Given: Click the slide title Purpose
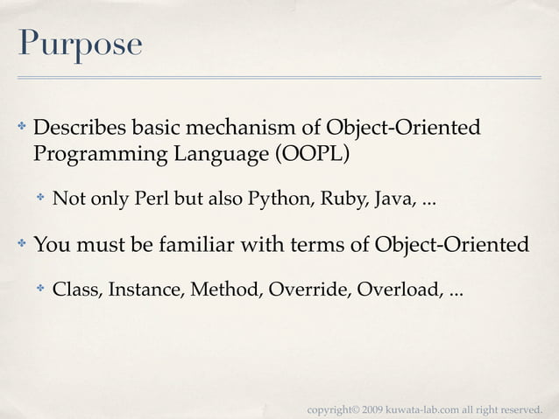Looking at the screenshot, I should coord(78,45).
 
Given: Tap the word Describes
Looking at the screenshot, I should coord(80,128).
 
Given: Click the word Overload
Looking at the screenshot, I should coord(394,290).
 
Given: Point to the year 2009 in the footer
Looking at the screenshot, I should coord(371,409).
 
